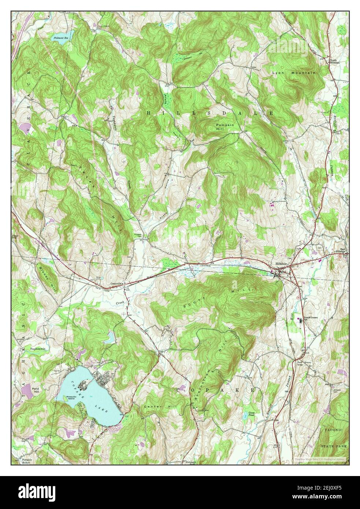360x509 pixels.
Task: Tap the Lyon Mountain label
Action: coord(293,73)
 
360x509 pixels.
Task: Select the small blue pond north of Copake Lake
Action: coord(110,337)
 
